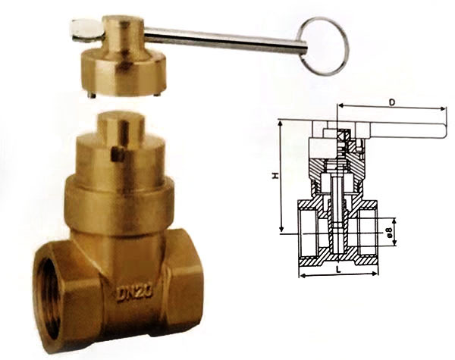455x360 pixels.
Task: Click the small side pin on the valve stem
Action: pyautogui.click(x=118, y=154)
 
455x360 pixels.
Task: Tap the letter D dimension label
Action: pyautogui.click(x=392, y=102)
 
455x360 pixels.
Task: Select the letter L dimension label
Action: pyautogui.click(x=338, y=269)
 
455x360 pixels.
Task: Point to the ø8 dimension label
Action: pyautogui.click(x=390, y=232)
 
